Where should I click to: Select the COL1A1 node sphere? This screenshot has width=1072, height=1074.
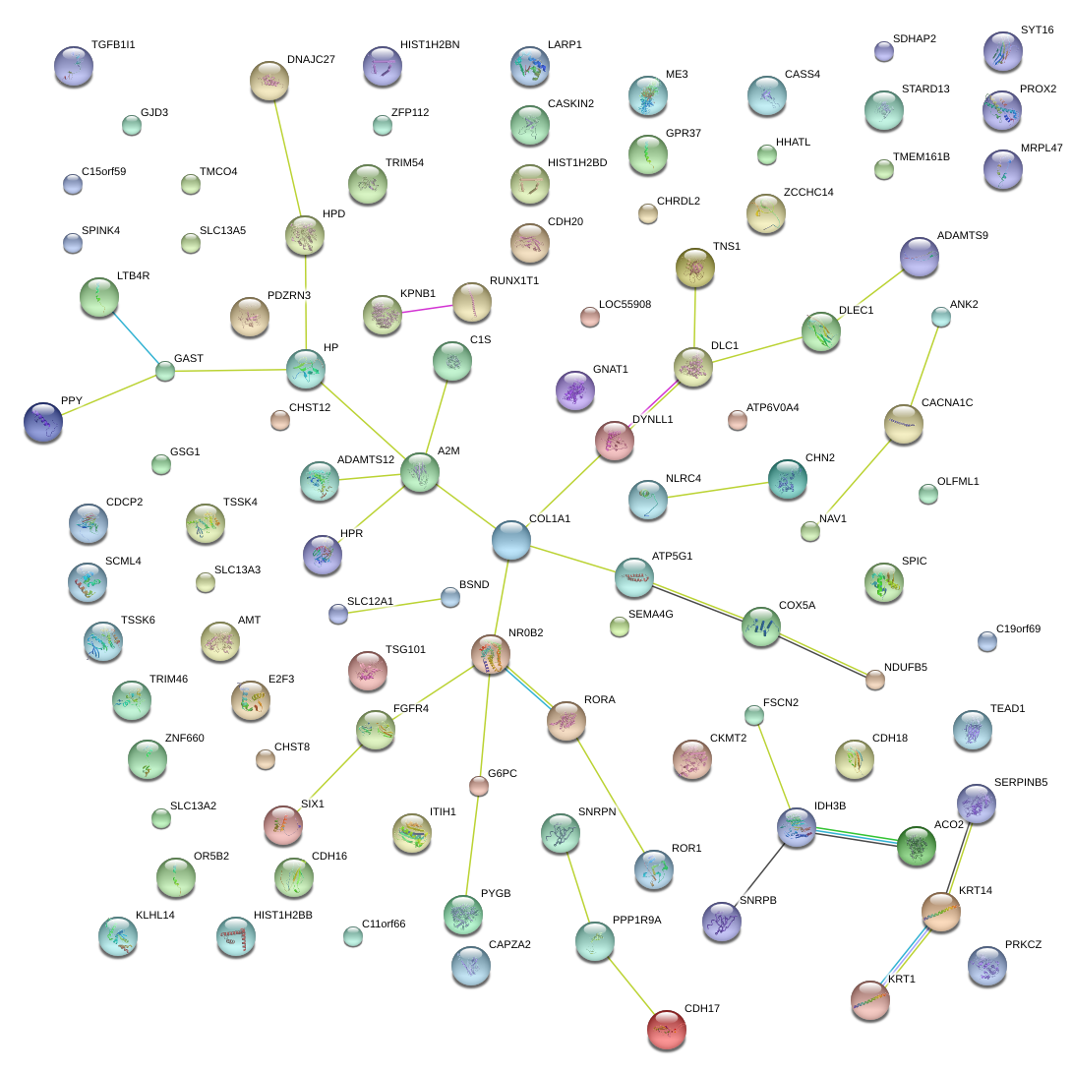(510, 539)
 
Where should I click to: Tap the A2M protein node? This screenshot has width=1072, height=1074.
(420, 472)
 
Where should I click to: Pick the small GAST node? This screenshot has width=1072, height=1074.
(165, 371)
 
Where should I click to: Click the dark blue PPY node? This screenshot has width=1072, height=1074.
(43, 421)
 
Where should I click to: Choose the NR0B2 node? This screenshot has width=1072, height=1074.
(490, 654)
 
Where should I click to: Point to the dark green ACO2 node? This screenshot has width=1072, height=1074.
(916, 846)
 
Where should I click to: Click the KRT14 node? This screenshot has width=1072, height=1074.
(941, 912)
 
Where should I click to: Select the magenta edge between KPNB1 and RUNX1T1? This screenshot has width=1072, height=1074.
(427, 309)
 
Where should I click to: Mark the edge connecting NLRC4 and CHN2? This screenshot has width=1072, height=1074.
(716, 489)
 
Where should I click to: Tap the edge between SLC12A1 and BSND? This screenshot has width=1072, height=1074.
(393, 605)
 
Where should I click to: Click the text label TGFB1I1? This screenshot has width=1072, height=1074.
(113, 45)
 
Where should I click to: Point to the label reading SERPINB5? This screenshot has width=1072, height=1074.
(1021, 783)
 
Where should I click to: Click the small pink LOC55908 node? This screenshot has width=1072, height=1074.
(589, 317)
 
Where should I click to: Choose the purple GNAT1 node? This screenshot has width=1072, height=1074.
(574, 390)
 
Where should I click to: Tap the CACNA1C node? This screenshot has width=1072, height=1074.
(903, 423)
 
